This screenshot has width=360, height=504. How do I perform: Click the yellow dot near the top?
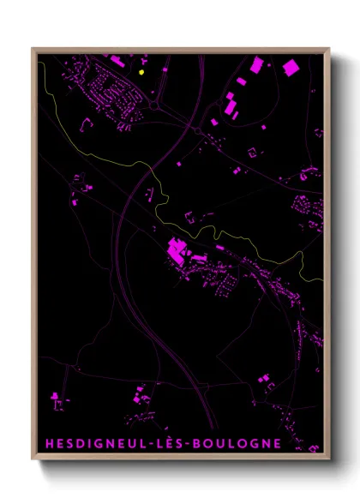tap(141, 73)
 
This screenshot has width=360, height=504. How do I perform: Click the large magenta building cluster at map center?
tap(178, 252)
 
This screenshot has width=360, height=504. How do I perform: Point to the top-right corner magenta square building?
tap(291, 66)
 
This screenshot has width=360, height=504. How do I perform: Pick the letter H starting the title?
tap(47, 443)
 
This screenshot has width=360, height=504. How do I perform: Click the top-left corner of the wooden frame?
tap(33, 48)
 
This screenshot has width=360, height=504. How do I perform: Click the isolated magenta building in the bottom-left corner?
tap(57, 396)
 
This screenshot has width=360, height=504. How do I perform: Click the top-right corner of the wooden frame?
tap(329, 48)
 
